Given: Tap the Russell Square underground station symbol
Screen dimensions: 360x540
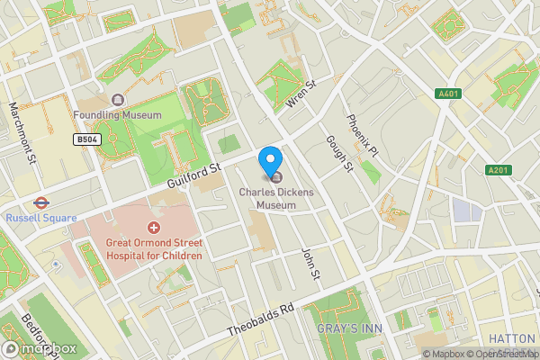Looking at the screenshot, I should [40, 202].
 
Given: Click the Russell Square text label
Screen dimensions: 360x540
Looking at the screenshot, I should [40, 218].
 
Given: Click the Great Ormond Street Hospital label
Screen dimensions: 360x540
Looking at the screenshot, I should [153, 249].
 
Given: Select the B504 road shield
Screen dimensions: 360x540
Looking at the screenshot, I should [86, 140].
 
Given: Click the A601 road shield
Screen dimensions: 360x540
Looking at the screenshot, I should [447, 93].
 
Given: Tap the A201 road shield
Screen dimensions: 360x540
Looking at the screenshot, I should [498, 170].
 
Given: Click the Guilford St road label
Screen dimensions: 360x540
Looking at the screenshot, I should [193, 175].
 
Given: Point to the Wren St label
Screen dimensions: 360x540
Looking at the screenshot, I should [301, 96].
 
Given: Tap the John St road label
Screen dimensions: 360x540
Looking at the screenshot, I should [310, 262].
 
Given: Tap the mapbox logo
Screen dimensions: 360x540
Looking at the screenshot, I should [39, 348].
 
